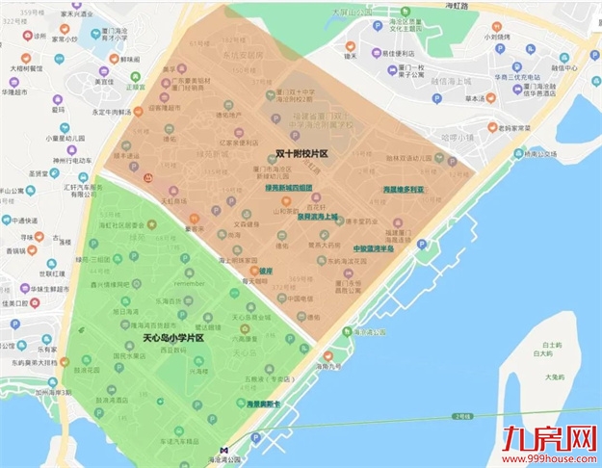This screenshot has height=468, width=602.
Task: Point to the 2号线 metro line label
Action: (467, 416)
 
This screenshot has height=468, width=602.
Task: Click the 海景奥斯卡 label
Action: (262, 403)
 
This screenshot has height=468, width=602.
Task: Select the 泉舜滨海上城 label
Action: (317, 217)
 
